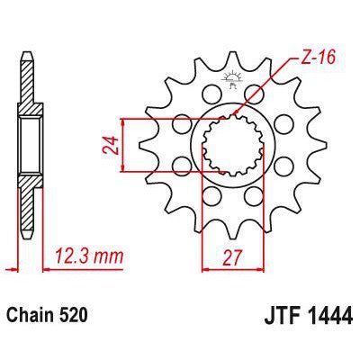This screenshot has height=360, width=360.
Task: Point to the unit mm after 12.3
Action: pos(110,256)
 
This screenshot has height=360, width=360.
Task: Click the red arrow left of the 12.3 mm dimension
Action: pos(11,267)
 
